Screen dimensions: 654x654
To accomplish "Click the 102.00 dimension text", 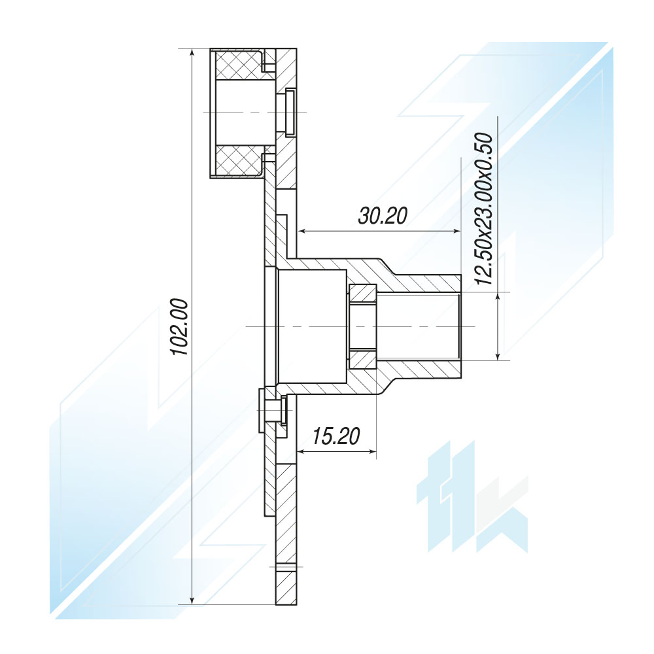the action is pyautogui.click(x=181, y=326).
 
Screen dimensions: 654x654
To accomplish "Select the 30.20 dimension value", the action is pyautogui.click(x=383, y=216).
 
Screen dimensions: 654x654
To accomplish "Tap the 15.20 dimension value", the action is pyautogui.click(x=336, y=436).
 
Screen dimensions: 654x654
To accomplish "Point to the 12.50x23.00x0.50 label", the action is pyautogui.click(x=484, y=209).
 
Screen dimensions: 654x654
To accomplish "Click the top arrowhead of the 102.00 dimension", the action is pyautogui.click(x=192, y=54).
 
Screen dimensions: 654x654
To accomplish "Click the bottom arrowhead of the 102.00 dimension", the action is pyautogui.click(x=192, y=600).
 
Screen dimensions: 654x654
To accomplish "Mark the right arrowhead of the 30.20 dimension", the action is pyautogui.click(x=456, y=231).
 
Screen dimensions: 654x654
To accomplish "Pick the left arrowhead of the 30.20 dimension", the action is pyautogui.click(x=302, y=231).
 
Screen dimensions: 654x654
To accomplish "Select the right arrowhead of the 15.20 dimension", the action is pyautogui.click(x=371, y=451).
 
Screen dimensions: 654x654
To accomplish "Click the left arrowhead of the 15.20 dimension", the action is pyautogui.click(x=302, y=451).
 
